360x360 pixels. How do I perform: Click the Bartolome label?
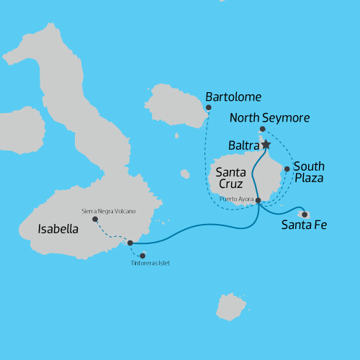point(233,96)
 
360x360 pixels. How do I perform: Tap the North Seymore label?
point(269,117)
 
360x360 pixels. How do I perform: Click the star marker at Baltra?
point(266,145)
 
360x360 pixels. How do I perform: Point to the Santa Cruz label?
point(231,177)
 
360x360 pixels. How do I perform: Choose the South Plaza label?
point(309,171)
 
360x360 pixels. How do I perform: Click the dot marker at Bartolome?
point(209,108)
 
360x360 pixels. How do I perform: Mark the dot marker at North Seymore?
point(262,130)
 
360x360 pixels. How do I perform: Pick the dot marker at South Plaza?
point(287,169)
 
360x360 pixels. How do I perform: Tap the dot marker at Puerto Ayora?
point(258,200)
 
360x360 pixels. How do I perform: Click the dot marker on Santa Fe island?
point(305,214)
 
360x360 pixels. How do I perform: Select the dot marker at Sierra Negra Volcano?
point(95,219)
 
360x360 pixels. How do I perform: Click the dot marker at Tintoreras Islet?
point(143,256)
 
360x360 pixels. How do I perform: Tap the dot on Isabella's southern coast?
point(130,243)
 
